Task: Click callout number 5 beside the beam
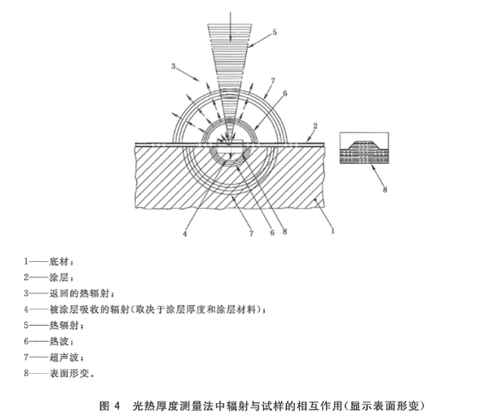click(275, 32)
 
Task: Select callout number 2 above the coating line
click(313, 127)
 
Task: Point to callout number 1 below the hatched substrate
click(332, 232)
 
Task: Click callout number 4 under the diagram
click(186, 234)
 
